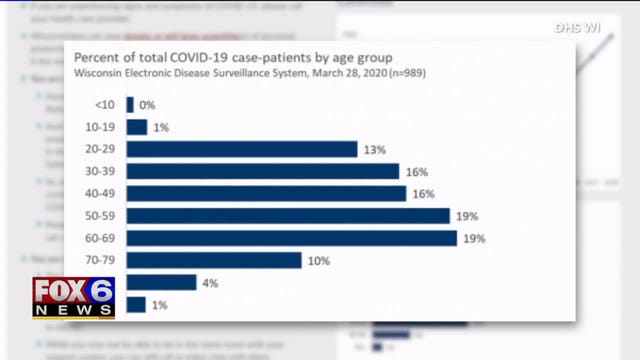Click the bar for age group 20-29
click(242, 149)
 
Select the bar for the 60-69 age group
click(292, 238)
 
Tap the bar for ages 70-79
click(214, 260)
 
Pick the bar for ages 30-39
click(263, 171)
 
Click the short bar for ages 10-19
click(137, 127)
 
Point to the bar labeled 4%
click(161, 282)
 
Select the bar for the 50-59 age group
click(288, 216)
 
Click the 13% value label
click(376, 149)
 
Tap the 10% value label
click(320, 260)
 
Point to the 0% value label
click(147, 105)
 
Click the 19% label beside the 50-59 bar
click(468, 216)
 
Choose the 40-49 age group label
click(98, 194)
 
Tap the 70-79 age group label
click(98, 260)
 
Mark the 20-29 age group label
click(98, 149)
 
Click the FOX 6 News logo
click(74, 297)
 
